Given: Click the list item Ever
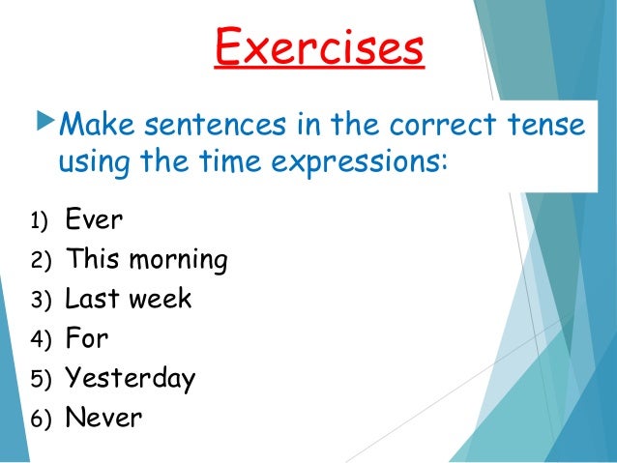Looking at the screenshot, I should tap(94, 219).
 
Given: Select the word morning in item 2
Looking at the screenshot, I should tap(181, 260).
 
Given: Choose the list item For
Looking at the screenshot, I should tap(86, 339).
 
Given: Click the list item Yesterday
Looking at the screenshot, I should tap(130, 379).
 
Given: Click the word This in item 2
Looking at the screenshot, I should tap(93, 260).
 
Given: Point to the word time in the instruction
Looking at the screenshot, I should tap(203, 161).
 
